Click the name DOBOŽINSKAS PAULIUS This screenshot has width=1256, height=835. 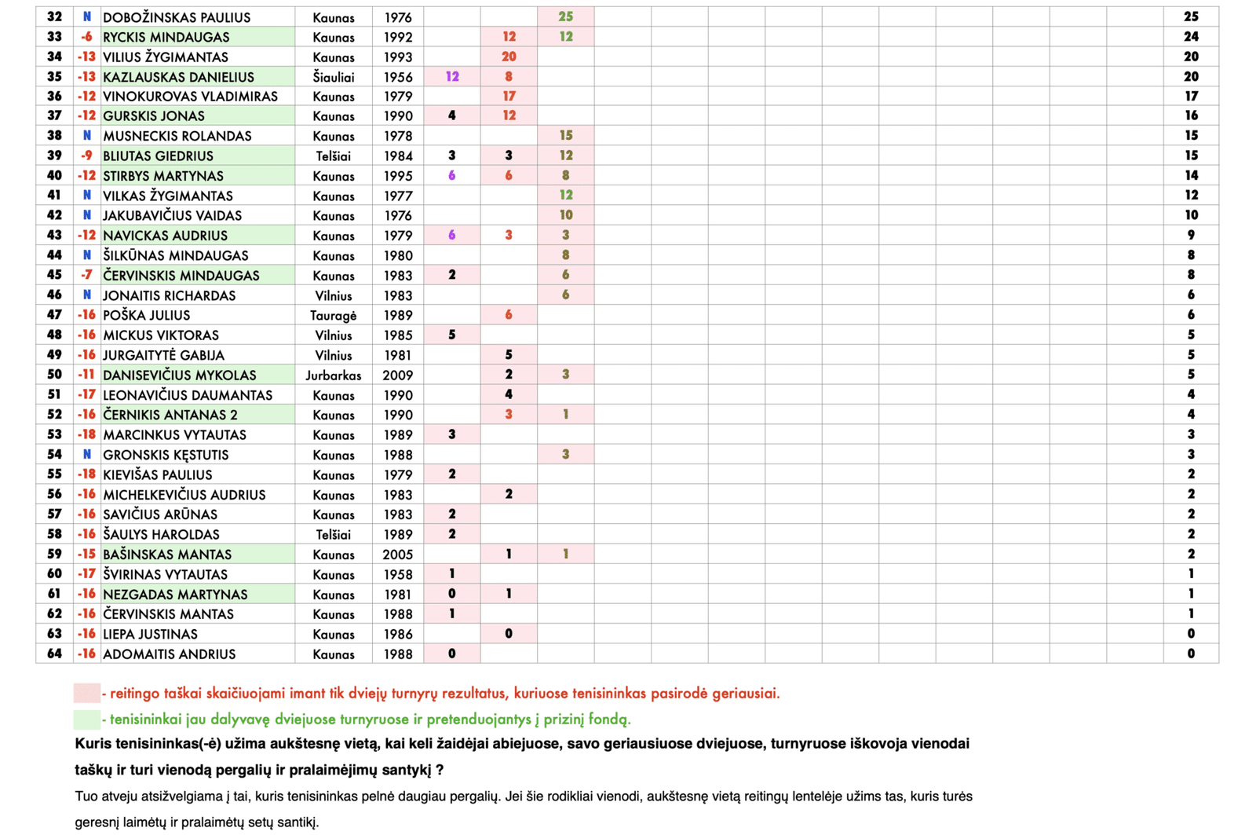(x=177, y=17)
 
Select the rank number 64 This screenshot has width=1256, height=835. (x=54, y=654)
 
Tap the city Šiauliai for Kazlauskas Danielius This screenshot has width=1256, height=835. (x=334, y=77)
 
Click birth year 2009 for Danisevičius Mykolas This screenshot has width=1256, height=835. (x=398, y=375)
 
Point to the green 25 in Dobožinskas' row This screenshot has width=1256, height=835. (x=565, y=16)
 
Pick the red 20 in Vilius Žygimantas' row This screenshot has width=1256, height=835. (x=509, y=57)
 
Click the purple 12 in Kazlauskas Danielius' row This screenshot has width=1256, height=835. (x=452, y=77)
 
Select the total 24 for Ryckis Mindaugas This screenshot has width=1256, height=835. (x=1191, y=37)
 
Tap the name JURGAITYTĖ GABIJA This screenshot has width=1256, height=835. (x=163, y=355)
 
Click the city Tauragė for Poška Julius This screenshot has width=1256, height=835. (x=334, y=316)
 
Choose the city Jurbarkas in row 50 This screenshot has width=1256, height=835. (x=334, y=375)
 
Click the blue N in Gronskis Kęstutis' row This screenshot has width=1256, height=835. (x=87, y=455)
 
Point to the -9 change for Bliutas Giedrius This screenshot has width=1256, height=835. (x=86, y=156)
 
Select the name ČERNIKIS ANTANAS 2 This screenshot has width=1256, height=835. (x=170, y=415)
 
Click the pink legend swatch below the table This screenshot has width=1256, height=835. (x=87, y=693)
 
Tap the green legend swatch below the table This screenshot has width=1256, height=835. (x=87, y=719)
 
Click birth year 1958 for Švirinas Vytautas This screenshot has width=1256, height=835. (x=398, y=574)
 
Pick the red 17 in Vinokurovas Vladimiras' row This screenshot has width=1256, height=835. (x=509, y=97)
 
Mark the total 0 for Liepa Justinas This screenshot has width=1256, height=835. (x=1191, y=634)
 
